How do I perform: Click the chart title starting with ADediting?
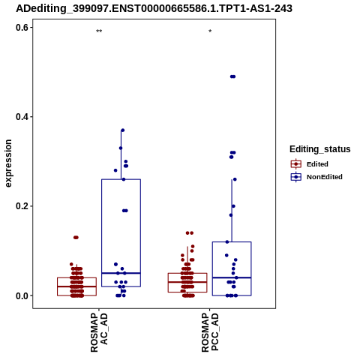pyautogui.click(x=154, y=8)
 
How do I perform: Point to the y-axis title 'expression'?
pyautogui.click(x=8, y=163)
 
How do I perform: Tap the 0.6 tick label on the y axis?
pyautogui.click(x=22, y=28)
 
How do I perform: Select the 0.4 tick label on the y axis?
pyautogui.click(x=22, y=117)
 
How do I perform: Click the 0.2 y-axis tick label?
pyautogui.click(x=22, y=206)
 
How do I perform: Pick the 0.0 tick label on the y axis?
pyautogui.click(x=22, y=295)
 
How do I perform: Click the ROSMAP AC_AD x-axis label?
pyautogui.click(x=99, y=333)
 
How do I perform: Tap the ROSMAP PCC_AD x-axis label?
pyautogui.click(x=210, y=333)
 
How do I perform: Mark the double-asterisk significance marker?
pyautogui.click(x=99, y=31)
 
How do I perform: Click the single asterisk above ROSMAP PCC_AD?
pyautogui.click(x=210, y=31)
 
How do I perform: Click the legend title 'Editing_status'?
pyautogui.click(x=320, y=149)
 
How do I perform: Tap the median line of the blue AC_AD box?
pyautogui.click(x=121, y=273)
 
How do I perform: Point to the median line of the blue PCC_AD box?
pyautogui.click(x=232, y=277)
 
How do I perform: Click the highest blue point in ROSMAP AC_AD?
pyautogui.click(x=123, y=130)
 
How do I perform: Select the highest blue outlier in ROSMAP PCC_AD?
pyautogui.click(x=232, y=76)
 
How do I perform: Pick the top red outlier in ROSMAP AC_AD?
pyautogui.click(x=76, y=238)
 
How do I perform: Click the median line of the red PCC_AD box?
pyautogui.click(x=187, y=282)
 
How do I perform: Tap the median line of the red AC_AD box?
pyautogui.click(x=76, y=286)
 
